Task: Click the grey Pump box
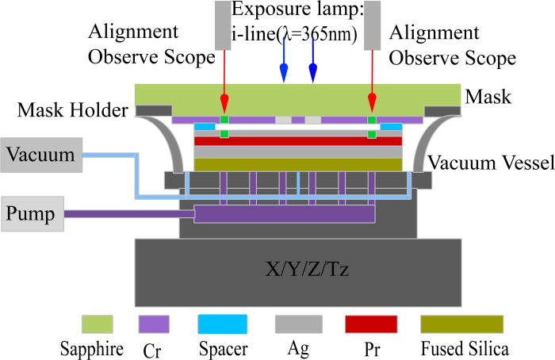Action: [x=33, y=214]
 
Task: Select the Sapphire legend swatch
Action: [x=98, y=324]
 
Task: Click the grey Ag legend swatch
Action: [x=298, y=324]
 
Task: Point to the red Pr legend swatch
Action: [x=370, y=324]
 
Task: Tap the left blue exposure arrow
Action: [x=283, y=67]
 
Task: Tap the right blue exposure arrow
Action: [x=313, y=67]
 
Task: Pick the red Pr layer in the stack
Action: [x=298, y=141]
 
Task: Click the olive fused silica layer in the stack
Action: [x=298, y=164]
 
